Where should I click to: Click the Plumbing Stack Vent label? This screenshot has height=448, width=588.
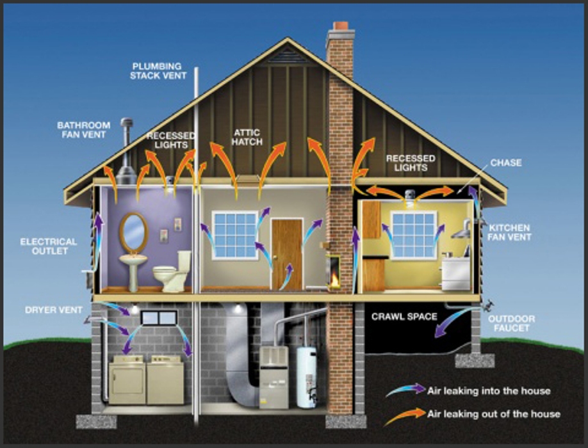(x=158, y=71)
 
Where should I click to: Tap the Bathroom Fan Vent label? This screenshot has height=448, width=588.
(x=84, y=130)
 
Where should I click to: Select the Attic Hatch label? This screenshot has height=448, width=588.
(x=247, y=138)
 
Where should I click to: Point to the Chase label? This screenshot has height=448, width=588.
(x=506, y=163)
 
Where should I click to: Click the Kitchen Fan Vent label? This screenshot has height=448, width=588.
(x=510, y=232)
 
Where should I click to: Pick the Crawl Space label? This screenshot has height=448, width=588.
(x=404, y=317)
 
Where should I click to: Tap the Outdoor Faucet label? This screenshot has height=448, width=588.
(x=512, y=323)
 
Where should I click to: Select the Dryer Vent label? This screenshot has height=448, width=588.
(x=54, y=310)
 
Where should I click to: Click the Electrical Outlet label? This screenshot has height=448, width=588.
(x=49, y=246)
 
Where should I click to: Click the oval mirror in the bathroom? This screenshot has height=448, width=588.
(x=133, y=232)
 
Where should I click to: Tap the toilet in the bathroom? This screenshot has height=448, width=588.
(x=173, y=272)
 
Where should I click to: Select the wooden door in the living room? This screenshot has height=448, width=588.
(x=287, y=254)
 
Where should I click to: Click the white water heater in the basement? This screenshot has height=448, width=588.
(x=307, y=377)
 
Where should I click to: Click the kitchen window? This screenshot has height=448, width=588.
(x=413, y=235)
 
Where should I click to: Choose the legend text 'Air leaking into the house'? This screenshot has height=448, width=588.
(x=489, y=391)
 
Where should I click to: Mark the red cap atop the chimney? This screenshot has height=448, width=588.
(x=341, y=26)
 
